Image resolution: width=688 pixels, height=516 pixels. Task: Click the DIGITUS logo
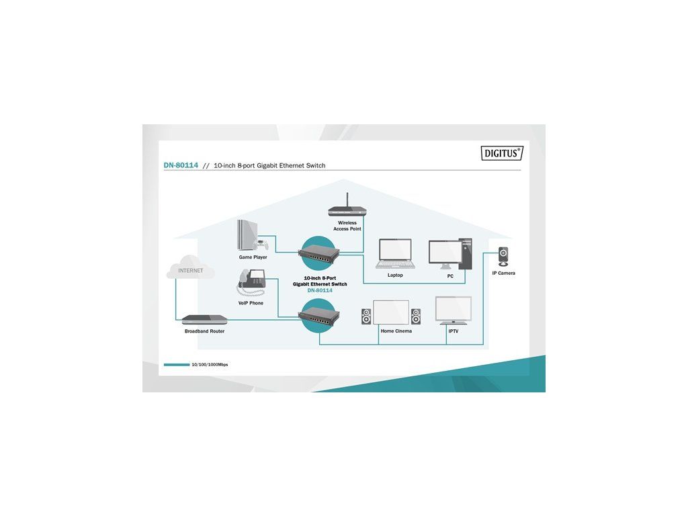[502, 153]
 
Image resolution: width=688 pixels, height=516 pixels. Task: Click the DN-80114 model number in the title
[181, 165]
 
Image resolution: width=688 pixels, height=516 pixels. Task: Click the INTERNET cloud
[191, 270]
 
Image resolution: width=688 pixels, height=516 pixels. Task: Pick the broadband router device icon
[204, 320]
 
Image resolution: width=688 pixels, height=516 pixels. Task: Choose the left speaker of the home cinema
[366, 316]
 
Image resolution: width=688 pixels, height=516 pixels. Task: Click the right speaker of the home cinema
[416, 316]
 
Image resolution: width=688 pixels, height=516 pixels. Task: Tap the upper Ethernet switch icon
[319, 253]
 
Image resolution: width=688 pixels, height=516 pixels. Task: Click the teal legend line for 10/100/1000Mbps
[177, 365]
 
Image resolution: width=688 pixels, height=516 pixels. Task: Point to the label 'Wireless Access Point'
[347, 226]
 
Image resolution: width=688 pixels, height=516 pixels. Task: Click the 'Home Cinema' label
[396, 331]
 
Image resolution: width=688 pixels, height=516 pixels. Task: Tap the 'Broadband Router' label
[204, 331]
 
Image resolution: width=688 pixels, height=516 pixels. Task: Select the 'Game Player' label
[253, 257]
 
